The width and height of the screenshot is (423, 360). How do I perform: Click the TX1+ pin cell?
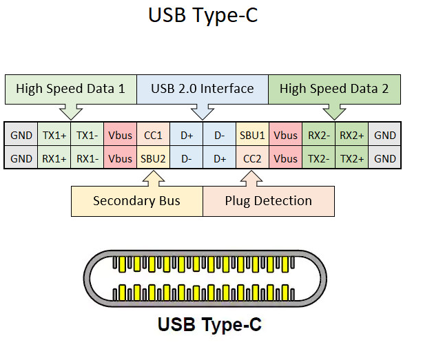coord(54,134)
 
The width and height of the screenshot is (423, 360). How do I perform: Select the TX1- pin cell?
coord(87,134)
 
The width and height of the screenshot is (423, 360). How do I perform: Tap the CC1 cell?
coord(153,134)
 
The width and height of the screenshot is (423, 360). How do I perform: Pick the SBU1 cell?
coord(252,134)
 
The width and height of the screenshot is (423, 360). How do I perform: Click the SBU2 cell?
coord(153,158)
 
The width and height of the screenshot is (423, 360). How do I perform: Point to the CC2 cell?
coord(252,158)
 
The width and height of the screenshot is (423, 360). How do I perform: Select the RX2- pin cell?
coord(318,134)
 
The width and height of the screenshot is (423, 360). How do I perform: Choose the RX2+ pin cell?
coord(352,134)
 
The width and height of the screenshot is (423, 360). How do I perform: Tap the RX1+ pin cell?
coord(54,158)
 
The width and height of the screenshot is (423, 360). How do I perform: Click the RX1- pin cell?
coord(87,158)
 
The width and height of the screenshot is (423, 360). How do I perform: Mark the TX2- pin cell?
coord(318,158)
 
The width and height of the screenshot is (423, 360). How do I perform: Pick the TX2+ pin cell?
coord(352,158)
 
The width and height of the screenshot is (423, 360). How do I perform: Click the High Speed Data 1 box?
coord(71,89)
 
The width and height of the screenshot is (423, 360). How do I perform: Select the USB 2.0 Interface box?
coord(203,89)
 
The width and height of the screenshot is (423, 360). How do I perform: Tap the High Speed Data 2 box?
coord(335,89)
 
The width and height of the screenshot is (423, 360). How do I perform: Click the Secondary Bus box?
coord(137,201)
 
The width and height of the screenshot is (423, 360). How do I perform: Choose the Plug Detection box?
coord(269,201)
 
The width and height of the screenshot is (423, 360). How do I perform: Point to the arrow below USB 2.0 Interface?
coord(203,113)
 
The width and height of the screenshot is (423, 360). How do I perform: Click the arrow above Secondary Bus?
coord(154,178)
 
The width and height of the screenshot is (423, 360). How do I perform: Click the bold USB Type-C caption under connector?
coord(209,325)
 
